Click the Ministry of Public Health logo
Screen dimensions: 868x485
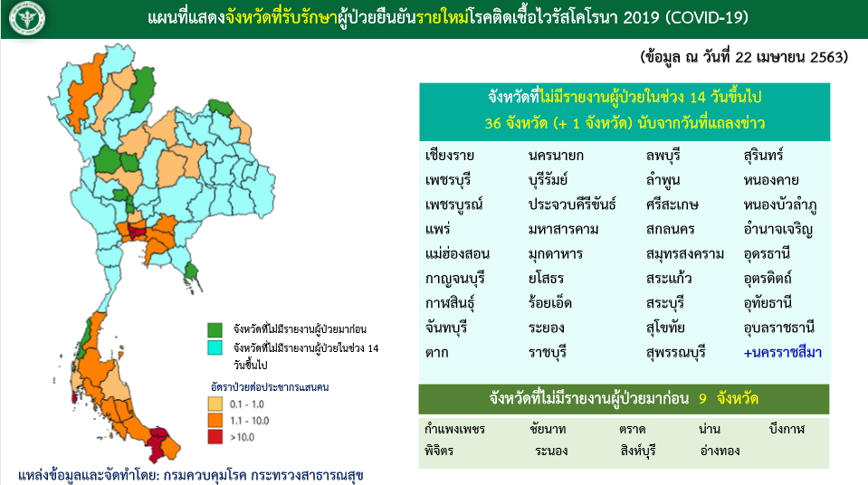point(27,18)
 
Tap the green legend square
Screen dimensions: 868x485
point(215,330)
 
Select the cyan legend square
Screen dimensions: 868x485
point(215,347)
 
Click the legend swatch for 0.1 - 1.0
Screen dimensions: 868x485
point(215,404)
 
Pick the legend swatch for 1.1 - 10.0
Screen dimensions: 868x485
point(215,420)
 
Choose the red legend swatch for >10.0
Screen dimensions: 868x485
point(215,437)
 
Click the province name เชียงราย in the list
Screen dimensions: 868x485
point(450,156)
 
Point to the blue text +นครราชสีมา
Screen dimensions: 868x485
point(782,353)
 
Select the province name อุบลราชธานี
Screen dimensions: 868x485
point(779,328)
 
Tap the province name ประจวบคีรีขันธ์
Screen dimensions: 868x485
point(572,204)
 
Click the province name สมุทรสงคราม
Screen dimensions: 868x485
point(685,254)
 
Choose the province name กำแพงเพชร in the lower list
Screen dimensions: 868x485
point(454,429)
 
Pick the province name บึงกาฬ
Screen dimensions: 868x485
point(787,429)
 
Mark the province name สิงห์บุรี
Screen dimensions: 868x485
point(638,451)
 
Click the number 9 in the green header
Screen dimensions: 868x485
point(702,399)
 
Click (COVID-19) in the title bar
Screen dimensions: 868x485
point(706,18)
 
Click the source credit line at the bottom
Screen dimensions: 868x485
point(190,475)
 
